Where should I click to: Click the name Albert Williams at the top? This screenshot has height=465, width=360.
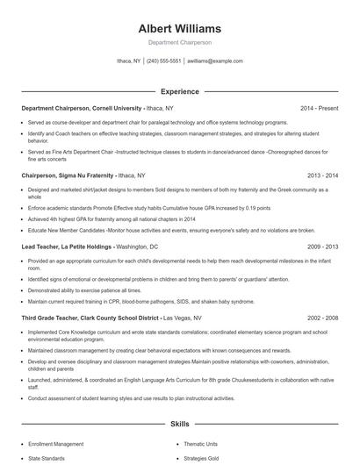tap(179, 29)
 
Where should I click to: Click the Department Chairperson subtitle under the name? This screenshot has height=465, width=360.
tap(179, 42)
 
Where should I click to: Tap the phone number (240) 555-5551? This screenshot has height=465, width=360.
tap(164, 61)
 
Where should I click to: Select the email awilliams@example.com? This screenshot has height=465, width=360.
tap(214, 61)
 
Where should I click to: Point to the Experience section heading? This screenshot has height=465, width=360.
tap(179, 91)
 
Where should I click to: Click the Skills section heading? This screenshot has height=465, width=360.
tap(179, 424)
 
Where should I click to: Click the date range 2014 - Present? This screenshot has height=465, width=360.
tap(319, 108)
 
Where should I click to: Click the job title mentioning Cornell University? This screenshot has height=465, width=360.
tap(81, 108)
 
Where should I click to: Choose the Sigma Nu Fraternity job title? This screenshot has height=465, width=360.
tap(68, 175)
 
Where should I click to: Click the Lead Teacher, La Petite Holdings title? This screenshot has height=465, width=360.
tap(67, 247)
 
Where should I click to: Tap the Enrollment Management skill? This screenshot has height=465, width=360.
tap(56, 445)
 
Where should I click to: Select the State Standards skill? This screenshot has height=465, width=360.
tap(47, 458)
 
